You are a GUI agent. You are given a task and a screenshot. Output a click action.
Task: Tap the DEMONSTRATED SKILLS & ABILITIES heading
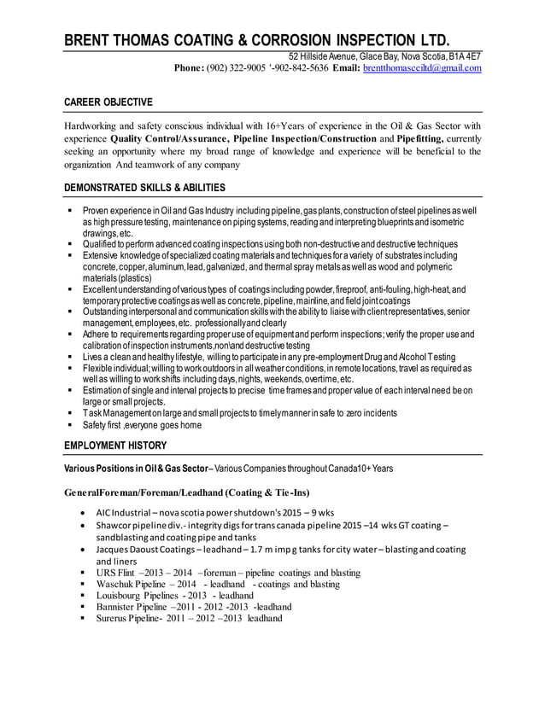coord(145,188)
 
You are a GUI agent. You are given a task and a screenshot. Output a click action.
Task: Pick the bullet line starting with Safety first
coord(143,425)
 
